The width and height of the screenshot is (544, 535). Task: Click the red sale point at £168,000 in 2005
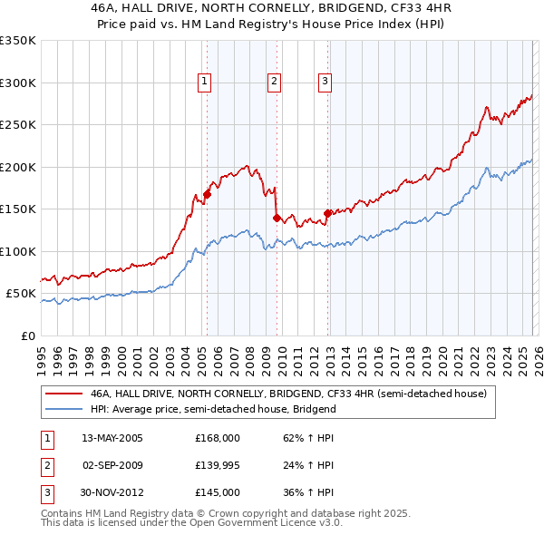click(207, 193)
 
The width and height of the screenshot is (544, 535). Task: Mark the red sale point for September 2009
click(277, 218)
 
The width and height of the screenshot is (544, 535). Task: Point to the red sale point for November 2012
click(327, 213)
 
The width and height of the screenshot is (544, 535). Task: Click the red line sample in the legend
click(64, 394)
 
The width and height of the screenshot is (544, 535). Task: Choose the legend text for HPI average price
click(213, 409)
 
